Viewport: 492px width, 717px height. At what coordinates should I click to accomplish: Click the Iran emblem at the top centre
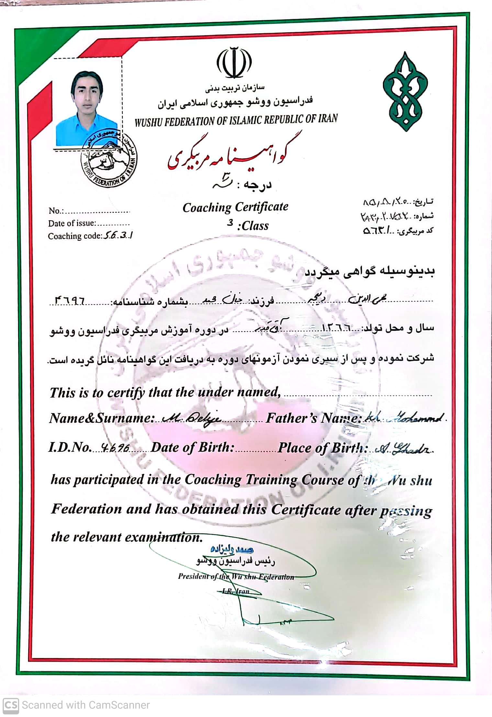point(234,63)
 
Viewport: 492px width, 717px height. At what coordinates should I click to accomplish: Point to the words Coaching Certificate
point(235,207)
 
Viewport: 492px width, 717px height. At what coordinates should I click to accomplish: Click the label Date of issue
point(72,223)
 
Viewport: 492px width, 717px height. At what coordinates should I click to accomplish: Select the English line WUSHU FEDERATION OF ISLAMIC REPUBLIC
point(236,120)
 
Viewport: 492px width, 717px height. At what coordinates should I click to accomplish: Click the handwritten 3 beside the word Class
point(230,222)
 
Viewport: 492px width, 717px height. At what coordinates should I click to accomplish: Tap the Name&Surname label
point(101,419)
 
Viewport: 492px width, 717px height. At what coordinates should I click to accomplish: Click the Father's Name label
point(313,419)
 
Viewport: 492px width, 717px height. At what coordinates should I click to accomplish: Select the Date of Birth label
point(192,448)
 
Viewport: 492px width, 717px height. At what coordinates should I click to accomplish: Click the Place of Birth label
point(323,448)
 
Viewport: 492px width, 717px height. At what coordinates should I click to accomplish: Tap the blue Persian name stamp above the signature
point(232,549)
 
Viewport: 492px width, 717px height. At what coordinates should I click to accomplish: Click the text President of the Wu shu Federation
point(236,577)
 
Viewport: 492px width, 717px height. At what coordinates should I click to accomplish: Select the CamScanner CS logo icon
point(11,705)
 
